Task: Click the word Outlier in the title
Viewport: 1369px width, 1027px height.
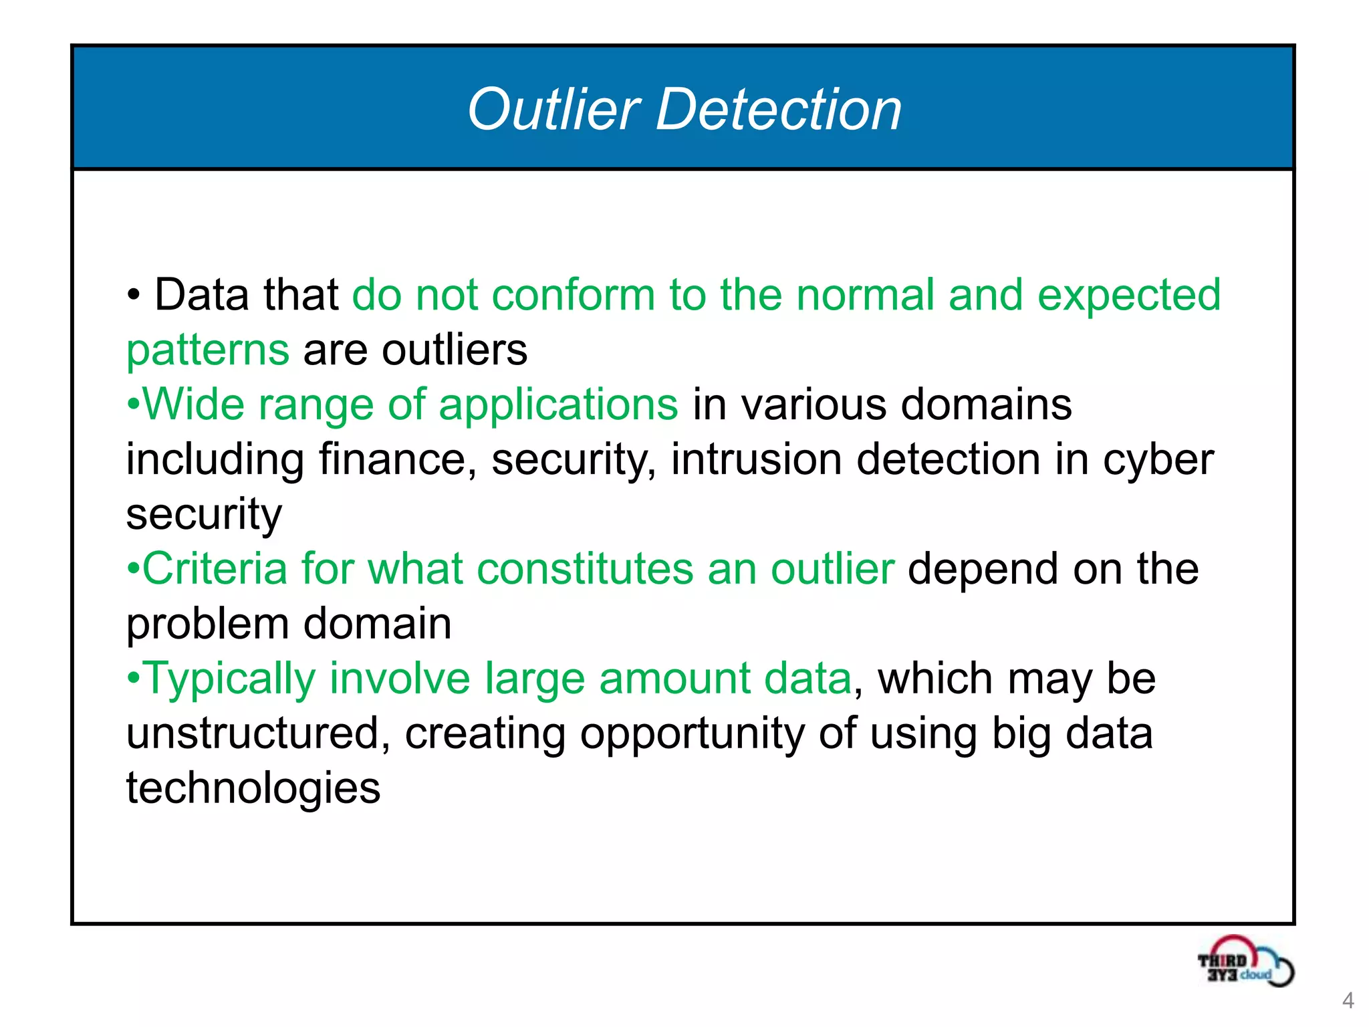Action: [553, 110]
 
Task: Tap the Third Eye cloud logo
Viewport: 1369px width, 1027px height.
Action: [1245, 962]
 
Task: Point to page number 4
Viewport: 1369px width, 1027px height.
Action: [1348, 1000]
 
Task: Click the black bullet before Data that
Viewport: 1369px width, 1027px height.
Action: [134, 295]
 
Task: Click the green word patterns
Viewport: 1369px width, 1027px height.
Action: [208, 351]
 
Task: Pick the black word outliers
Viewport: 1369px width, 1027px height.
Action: [455, 350]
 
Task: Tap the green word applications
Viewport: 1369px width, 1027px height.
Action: [558, 406]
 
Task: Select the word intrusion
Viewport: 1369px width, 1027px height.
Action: [756, 460]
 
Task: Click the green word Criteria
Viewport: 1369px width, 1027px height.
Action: [215, 569]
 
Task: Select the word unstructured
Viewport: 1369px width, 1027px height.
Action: [258, 733]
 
